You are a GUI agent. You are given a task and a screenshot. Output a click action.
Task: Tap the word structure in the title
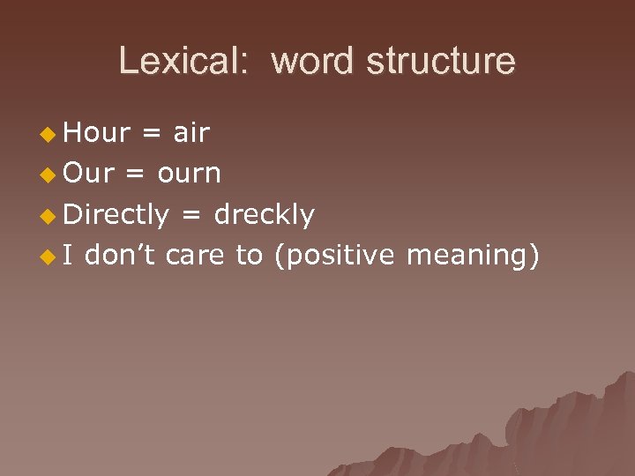[441, 61]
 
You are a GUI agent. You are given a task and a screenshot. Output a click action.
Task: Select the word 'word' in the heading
[312, 61]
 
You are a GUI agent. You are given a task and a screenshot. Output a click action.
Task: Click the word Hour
[98, 133]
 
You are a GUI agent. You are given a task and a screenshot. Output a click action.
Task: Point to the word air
[191, 133]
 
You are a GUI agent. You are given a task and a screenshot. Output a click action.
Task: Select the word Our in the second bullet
[90, 174]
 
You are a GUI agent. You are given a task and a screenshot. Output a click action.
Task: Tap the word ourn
[189, 174]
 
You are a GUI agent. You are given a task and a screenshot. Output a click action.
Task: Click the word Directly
[116, 214]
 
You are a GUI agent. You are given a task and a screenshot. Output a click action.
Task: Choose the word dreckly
[265, 214]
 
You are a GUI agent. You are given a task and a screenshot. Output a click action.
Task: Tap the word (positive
[334, 255]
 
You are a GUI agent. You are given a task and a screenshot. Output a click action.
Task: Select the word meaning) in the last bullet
[473, 255]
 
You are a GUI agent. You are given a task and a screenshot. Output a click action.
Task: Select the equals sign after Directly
[191, 215]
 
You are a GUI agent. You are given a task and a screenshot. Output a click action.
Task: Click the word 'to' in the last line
[250, 255]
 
